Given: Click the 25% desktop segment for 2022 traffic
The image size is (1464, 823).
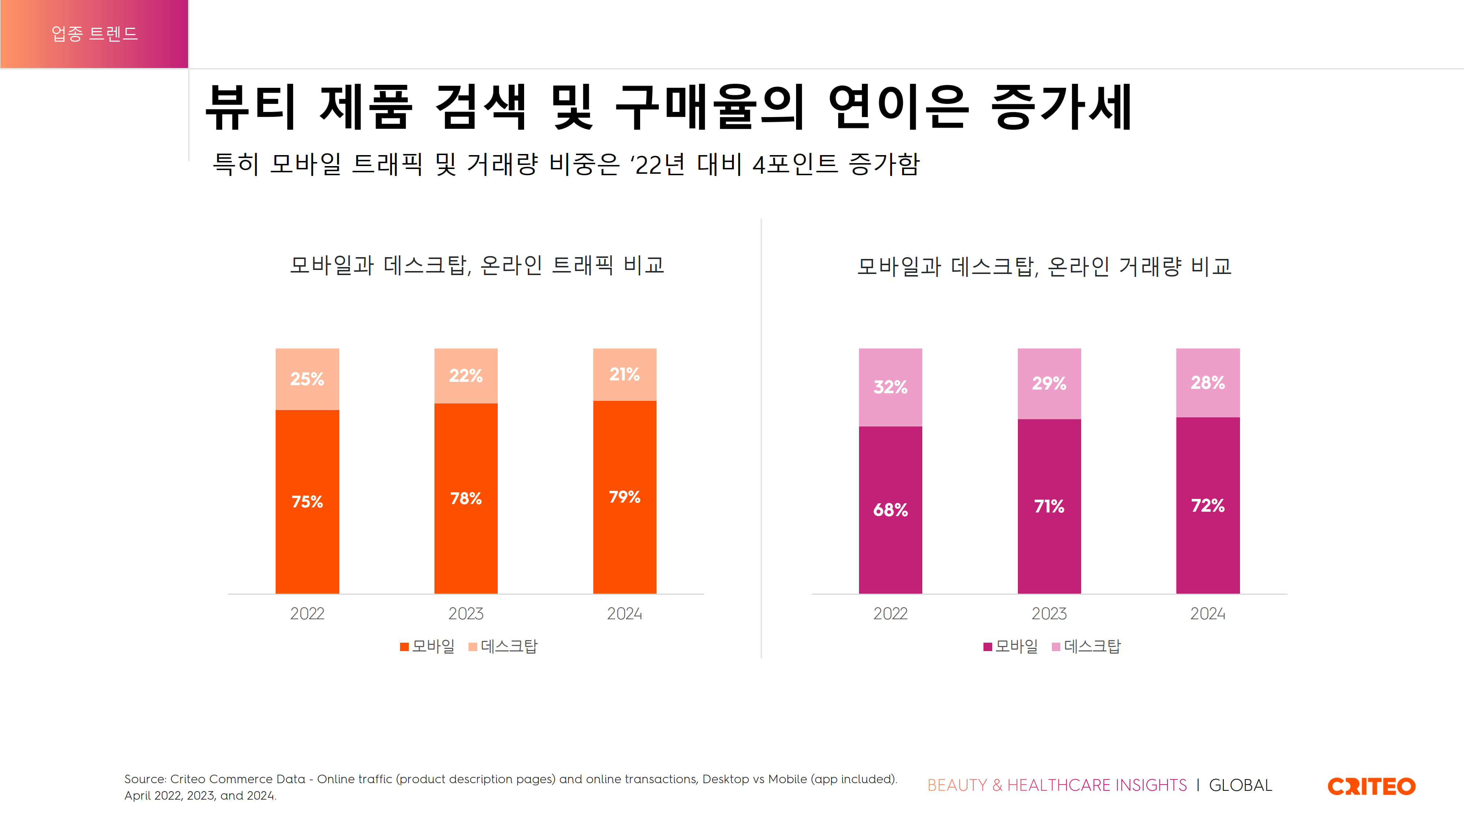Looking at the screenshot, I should point(307,379).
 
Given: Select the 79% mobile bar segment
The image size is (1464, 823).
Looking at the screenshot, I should point(625,497).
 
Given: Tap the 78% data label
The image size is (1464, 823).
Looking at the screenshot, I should point(466,499).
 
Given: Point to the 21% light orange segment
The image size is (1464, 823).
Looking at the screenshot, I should point(625,374).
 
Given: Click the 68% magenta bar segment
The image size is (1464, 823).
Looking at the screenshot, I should point(890,510).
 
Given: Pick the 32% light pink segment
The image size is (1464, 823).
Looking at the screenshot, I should point(890,387).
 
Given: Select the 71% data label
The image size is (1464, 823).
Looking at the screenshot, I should point(1049,506).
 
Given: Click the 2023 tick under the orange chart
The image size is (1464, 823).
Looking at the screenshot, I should point(466,613).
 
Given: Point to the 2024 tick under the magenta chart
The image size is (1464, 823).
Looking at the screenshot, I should point(1208,613).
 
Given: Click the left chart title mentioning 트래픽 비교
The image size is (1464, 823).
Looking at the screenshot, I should point(477,265).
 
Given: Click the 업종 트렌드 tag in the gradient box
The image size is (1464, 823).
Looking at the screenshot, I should point(94,34).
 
